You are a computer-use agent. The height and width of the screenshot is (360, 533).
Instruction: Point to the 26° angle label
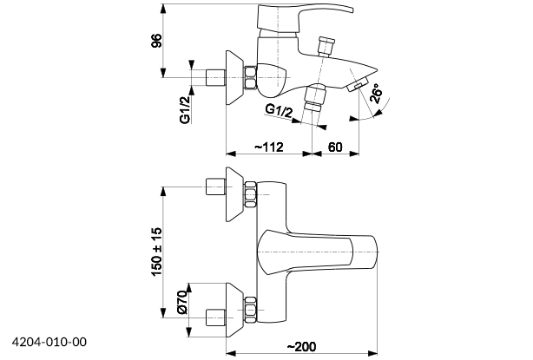click(375, 95)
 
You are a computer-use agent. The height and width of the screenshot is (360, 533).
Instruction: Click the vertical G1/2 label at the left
click(186, 110)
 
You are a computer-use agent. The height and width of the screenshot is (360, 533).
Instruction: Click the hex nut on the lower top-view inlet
click(250, 308)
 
